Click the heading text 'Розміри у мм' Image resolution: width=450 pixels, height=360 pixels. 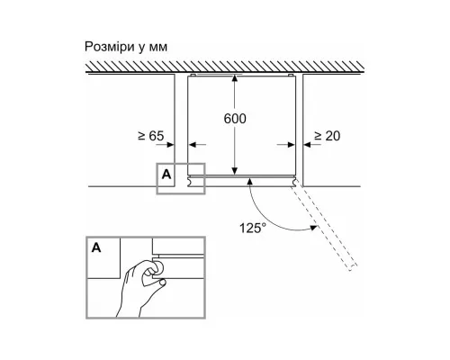tap(126, 47)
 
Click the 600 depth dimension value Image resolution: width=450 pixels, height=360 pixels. tap(235, 119)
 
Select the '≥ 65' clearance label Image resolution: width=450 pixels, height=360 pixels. tap(151, 136)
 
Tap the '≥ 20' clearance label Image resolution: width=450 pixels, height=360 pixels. tap(327, 136)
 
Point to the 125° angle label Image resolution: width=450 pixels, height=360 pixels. tap(253, 228)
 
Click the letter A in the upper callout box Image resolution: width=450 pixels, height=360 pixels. tap(166, 175)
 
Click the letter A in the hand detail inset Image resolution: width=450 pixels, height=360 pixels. tap(96, 247)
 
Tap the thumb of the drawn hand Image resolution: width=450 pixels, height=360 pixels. tap(157, 282)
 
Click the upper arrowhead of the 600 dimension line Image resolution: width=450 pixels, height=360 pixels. tap(235, 78)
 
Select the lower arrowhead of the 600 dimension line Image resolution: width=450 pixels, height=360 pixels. tap(235, 171)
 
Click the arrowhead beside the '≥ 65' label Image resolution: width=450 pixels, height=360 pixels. tap(170, 145)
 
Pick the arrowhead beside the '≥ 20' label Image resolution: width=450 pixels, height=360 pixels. tap(307, 145)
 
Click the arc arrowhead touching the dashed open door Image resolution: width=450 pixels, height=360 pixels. tap(313, 228)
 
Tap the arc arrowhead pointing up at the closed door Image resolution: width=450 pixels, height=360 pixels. tap(249, 180)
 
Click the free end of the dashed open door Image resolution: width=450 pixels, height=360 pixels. tap(354, 268)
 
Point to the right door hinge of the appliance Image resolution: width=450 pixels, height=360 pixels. tap(294, 182)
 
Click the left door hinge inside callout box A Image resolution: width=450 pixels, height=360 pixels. tap(191, 182)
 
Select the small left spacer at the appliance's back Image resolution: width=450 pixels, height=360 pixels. tap(193, 75)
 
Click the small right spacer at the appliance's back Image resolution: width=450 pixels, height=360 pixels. tap(290, 75)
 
